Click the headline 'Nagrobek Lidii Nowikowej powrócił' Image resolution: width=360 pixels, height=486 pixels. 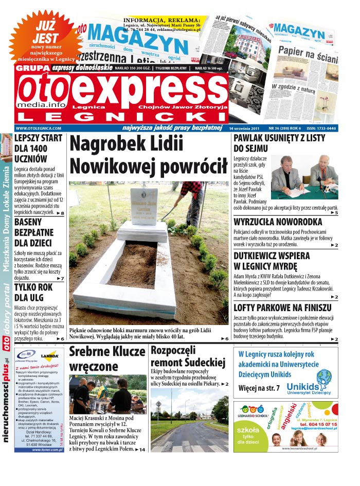(x=149, y=155)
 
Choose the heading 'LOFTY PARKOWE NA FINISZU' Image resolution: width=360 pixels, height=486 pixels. (x=282, y=307)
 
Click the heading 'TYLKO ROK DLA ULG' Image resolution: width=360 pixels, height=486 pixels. (x=33, y=293)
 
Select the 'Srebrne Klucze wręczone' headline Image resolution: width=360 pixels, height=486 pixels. (x=107, y=358)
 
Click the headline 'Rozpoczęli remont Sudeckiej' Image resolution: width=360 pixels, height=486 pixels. (x=188, y=356)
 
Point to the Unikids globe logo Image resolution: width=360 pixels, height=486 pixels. (x=324, y=378)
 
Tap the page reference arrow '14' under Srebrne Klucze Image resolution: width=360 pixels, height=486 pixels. (x=140, y=449)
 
